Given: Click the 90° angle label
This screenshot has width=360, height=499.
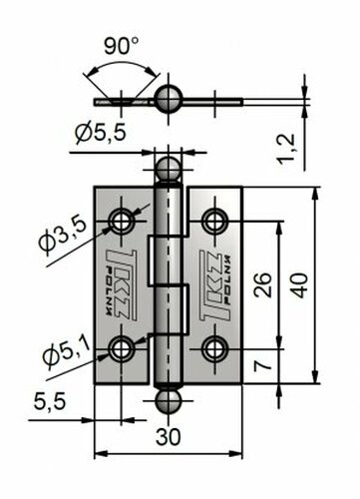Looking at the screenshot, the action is pyautogui.click(x=121, y=46).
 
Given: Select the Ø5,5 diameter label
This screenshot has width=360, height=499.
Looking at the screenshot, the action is pyautogui.click(x=101, y=133).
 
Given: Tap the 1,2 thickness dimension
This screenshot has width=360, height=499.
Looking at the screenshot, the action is pyautogui.click(x=286, y=149).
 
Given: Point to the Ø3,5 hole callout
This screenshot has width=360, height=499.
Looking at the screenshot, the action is pyautogui.click(x=63, y=235).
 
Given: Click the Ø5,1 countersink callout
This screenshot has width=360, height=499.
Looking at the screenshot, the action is pyautogui.click(x=67, y=353).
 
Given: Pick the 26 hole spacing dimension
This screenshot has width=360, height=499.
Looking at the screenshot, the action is pyautogui.click(x=262, y=284).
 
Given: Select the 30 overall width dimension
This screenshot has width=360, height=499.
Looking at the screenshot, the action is pyautogui.click(x=169, y=437).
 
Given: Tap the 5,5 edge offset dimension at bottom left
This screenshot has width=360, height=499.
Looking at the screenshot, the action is pyautogui.click(x=50, y=402).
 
